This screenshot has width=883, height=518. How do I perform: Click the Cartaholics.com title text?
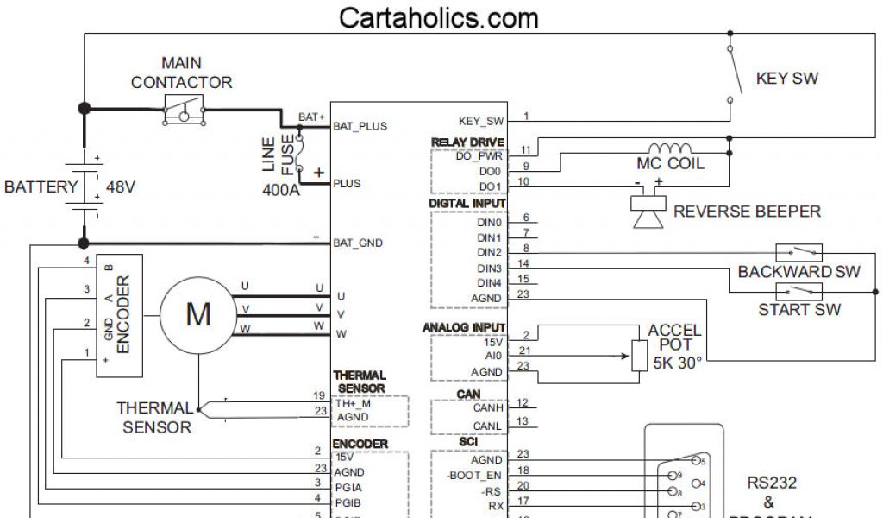coord(439,17)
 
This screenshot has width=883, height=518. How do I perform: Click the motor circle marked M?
coord(198,314)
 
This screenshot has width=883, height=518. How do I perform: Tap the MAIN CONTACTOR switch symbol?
coord(184,111)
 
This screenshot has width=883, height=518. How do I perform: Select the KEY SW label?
coord(786,79)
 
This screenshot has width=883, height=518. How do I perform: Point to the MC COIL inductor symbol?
coord(670,148)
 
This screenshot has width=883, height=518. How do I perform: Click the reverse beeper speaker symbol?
coord(648,210)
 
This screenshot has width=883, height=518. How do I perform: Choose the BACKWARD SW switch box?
coord(798,253)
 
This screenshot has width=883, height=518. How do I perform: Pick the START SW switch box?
coord(798,291)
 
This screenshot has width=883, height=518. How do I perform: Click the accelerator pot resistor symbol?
coord(639,355)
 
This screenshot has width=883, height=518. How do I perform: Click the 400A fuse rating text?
coord(281,189)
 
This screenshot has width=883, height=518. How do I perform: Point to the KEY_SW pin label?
coord(481,122)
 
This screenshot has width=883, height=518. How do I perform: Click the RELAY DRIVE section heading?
coord(467,142)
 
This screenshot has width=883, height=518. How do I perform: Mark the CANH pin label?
coord(487,407)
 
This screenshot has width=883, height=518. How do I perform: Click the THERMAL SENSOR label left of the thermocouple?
coord(154,417)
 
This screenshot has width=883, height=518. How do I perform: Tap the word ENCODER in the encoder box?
coord(122,314)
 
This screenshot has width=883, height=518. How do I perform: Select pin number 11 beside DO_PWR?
coord(525,150)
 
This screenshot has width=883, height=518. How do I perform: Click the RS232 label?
coord(771,483)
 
